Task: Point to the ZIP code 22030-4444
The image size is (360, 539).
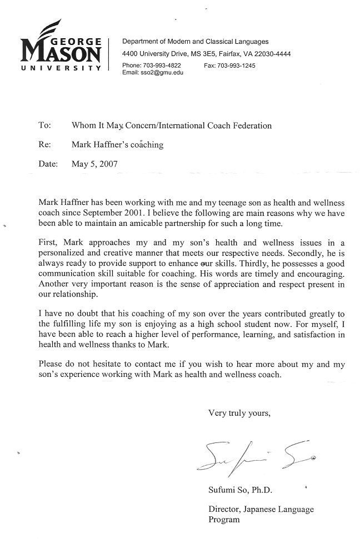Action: coord(271,54)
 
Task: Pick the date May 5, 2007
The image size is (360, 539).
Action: coord(94,164)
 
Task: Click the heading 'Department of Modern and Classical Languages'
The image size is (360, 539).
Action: coord(195,42)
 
